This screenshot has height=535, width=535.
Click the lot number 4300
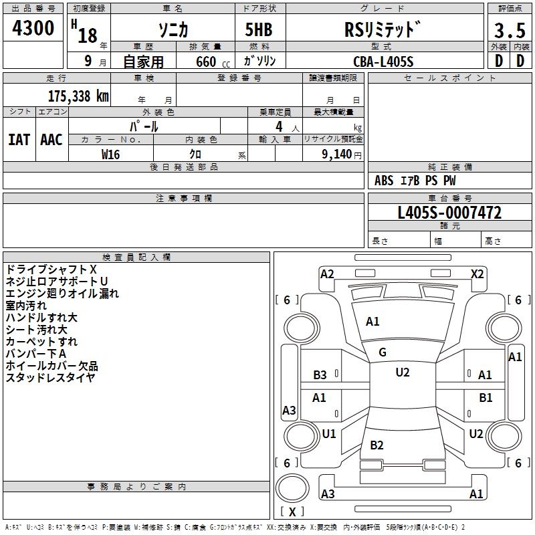[x=33, y=29]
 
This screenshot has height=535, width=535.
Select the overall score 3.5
[x=509, y=31]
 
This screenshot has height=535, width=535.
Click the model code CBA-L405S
[x=383, y=62]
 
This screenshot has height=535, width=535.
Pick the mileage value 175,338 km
[x=78, y=96]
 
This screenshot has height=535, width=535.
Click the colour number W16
[x=110, y=154]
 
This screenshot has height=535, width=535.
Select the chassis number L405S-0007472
[x=449, y=213]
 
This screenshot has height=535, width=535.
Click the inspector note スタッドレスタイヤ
[x=50, y=377]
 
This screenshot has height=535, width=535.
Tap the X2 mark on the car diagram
[x=477, y=274]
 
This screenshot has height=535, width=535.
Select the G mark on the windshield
[x=383, y=352]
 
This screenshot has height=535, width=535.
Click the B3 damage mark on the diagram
[x=320, y=375]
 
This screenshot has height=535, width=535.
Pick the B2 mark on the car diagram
[x=377, y=445]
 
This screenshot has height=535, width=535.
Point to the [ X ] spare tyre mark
[x=292, y=512]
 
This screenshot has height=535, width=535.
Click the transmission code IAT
[x=19, y=139]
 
